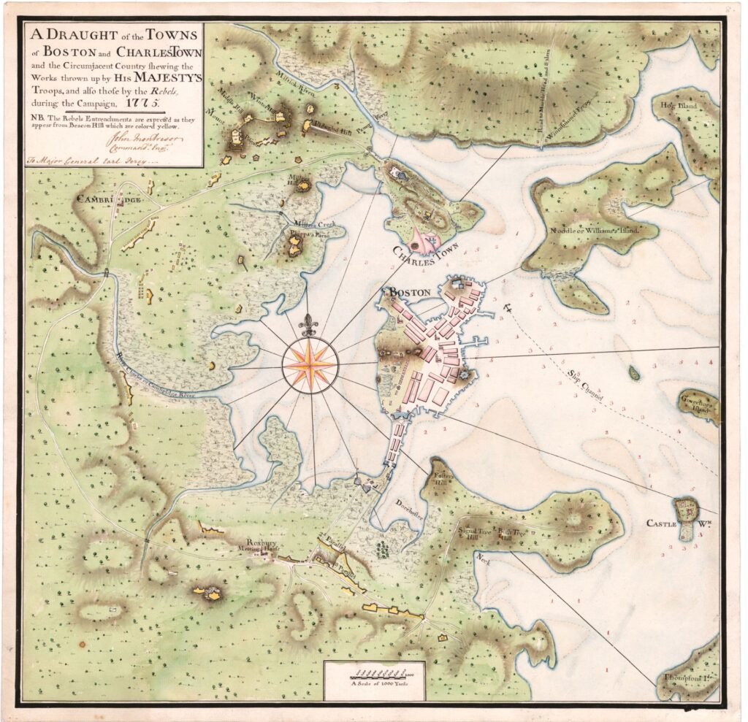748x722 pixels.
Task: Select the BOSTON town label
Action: click(409, 292)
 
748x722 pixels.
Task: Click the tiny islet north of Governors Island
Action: click(633, 373)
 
